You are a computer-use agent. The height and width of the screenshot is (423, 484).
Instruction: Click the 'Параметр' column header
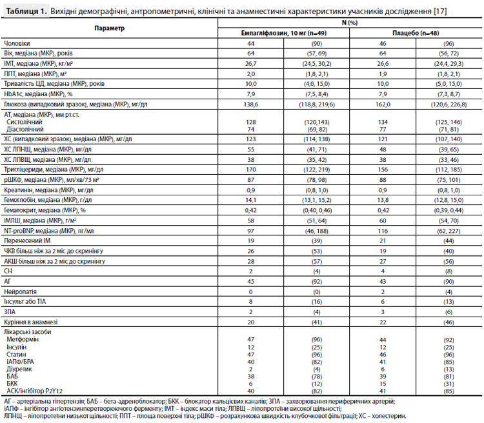(109, 28)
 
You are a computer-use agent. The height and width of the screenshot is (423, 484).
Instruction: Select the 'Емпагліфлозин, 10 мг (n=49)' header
(284, 33)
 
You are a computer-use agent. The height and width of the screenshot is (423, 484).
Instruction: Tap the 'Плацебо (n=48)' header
(416, 33)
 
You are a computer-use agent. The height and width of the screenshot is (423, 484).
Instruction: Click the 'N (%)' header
(349, 23)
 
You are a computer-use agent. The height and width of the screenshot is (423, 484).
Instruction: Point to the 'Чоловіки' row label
(17, 43)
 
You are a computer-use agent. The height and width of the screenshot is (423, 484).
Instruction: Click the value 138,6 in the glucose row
(250, 104)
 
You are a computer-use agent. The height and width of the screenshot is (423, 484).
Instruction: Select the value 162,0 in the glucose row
(383, 104)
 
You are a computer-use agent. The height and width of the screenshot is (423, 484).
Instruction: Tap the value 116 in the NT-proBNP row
(383, 231)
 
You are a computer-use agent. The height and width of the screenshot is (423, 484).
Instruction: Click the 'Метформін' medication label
(23, 339)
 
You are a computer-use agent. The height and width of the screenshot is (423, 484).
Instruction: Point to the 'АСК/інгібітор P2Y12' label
(35, 391)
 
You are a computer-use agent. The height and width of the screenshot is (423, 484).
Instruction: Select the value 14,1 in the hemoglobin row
(250, 200)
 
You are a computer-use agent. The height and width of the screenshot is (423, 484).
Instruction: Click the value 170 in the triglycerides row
(250, 170)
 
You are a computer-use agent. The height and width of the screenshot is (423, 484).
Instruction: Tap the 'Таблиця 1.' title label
(26, 11)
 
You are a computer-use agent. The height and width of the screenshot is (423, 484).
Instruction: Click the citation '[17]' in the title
(440, 11)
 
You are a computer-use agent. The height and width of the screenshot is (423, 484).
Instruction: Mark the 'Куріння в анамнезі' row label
(30, 322)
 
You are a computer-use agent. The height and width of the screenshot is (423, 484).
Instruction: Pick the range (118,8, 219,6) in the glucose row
(317, 104)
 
